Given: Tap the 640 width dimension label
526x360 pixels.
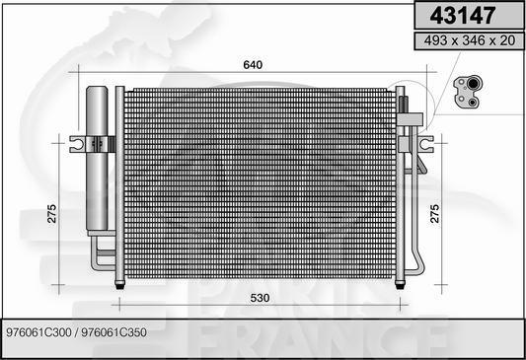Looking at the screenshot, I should tap(254, 65).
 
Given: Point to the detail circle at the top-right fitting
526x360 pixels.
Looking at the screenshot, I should tap(407, 99).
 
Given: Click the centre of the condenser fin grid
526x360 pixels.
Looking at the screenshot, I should tap(260, 183).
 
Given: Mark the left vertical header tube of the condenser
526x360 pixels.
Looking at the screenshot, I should tap(120, 183).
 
